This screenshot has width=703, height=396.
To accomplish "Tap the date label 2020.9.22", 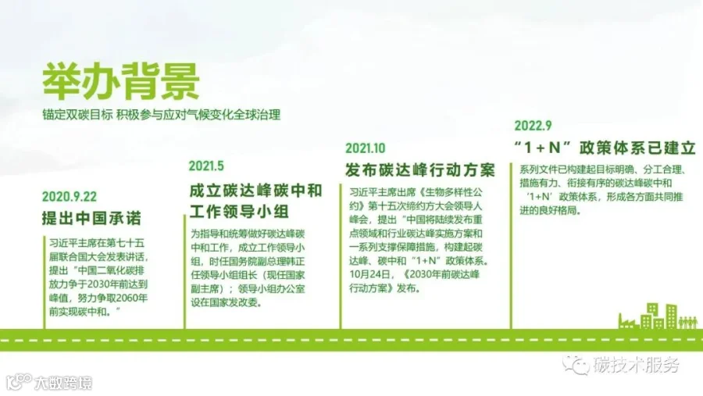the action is pos(70,196).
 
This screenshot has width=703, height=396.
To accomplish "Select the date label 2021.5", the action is pos(206,166).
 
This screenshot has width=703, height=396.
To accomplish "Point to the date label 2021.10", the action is pos(366,148).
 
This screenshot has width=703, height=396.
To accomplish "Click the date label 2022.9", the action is pos(533,126).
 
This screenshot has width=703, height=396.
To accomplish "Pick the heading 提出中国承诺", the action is pos(91,218).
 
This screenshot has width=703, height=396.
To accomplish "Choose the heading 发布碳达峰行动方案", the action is pos(420,170).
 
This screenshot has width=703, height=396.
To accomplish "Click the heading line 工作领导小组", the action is pos(239,211).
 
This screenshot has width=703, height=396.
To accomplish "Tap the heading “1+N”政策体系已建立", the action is pos(605,148).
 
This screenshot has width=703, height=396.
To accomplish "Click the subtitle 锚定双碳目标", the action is pos(77,115).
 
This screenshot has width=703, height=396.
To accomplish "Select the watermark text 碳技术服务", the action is pos(637,365).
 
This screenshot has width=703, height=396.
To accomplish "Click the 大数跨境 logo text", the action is pos(63,383).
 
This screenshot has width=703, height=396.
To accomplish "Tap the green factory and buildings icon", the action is pos(658,316).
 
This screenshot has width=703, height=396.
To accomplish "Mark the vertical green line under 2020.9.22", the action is pos(45,283).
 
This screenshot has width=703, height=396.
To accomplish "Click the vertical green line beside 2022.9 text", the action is pos(511,246).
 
